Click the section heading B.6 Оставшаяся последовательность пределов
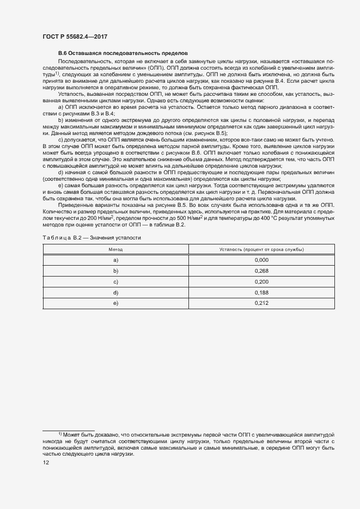point(123,53)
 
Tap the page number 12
point(46,463)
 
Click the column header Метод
point(115,249)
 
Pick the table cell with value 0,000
point(261,260)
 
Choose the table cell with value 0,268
point(261,271)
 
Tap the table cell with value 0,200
point(261,281)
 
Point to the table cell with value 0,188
point(261,292)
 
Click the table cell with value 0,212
point(261,303)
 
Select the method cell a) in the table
point(115,260)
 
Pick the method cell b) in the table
point(115,271)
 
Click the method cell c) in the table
point(115,281)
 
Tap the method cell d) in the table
point(115,292)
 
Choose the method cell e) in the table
point(115,303)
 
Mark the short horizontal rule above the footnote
point(69,430)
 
